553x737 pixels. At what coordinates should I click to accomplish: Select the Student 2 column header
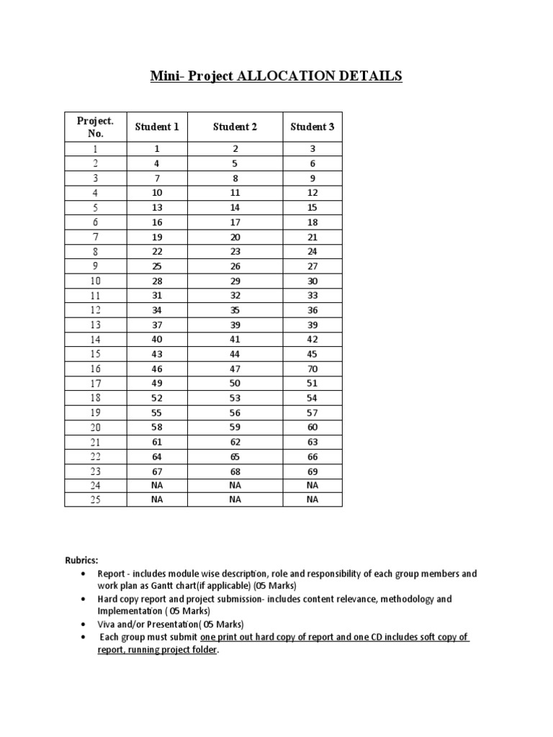[235, 127]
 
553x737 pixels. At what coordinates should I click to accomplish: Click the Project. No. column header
[96, 127]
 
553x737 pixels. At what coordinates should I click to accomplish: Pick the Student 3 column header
[312, 127]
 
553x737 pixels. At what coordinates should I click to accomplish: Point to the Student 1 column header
[157, 127]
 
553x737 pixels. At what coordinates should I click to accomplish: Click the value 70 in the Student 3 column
[312, 368]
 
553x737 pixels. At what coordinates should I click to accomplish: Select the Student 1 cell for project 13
[157, 325]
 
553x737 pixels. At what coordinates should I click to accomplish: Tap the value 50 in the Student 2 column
[235, 383]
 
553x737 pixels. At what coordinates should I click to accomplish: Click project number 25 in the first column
[96, 500]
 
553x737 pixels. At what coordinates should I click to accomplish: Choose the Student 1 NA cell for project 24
[157, 486]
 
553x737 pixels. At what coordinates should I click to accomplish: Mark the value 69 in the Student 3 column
[312, 471]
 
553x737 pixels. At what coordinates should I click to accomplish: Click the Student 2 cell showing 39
[235, 325]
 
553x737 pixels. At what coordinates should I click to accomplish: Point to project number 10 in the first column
[96, 281]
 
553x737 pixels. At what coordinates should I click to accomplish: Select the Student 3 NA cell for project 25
[312, 500]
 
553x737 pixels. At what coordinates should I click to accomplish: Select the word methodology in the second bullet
[407, 599]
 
